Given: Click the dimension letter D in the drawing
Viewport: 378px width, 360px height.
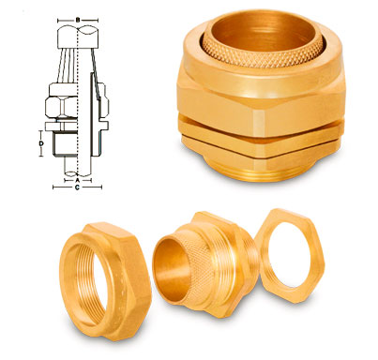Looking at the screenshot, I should [x=42, y=142].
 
